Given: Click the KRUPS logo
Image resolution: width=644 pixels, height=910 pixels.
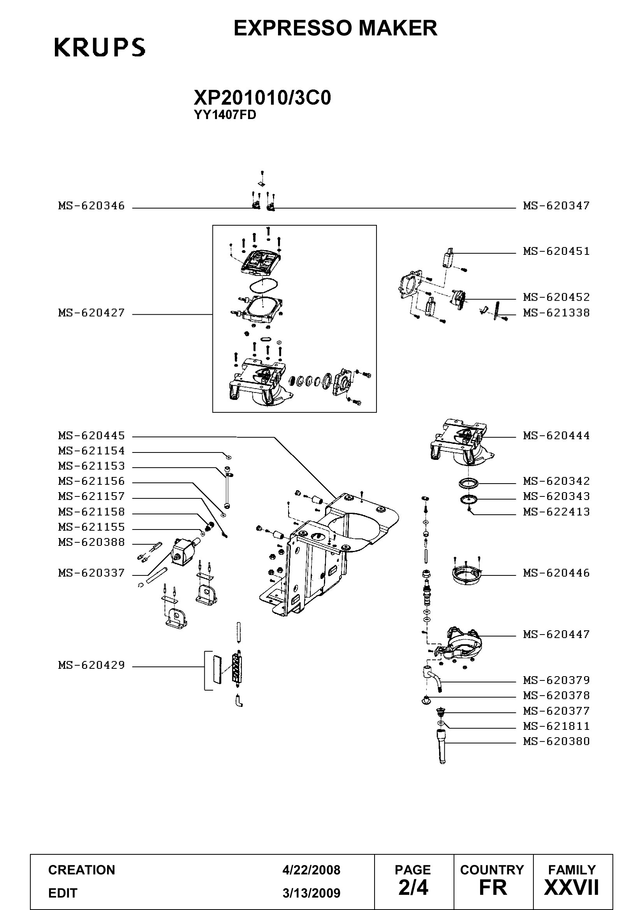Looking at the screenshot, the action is coord(100,47).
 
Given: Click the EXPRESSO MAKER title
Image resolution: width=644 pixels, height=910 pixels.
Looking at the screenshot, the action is coord(336,28).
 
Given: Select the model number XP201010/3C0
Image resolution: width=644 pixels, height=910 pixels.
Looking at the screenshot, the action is coord(262,98).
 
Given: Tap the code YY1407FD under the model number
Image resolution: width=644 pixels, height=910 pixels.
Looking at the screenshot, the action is coord(225,115).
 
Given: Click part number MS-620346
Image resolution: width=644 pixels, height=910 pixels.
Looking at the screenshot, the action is coord(91,205).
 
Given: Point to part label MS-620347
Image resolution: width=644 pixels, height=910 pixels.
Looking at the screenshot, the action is coord(556,205).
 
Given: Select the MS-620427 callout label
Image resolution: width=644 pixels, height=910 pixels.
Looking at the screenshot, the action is coord(91,313).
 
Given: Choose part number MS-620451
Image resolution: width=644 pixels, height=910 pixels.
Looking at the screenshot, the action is coord(556,251).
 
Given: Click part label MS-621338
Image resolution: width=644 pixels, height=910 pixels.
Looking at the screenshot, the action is coord(556,313).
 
